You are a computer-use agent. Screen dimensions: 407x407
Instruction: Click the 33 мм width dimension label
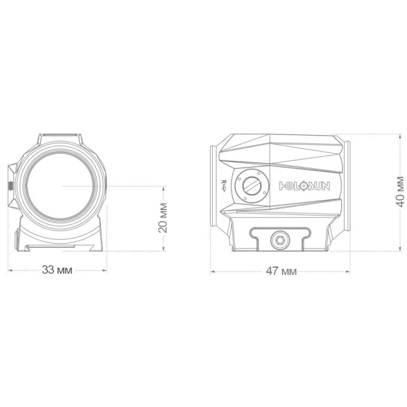pyautogui.click(x=57, y=270)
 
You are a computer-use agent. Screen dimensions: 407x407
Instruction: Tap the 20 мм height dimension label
pyautogui.click(x=163, y=218)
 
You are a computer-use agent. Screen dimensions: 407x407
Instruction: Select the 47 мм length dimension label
pyautogui.click(x=281, y=271)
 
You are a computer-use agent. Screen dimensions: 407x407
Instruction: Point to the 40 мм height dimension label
pyautogui.click(x=399, y=191)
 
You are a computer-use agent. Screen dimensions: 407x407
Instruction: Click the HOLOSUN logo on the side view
pyautogui.click(x=304, y=186)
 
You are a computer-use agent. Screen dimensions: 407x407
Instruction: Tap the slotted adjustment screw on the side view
pyautogui.click(x=252, y=185)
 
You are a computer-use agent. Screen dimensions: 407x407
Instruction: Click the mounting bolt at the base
pyautogui.click(x=280, y=240)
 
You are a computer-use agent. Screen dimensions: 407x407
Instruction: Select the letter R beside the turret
pyautogui.click(x=223, y=182)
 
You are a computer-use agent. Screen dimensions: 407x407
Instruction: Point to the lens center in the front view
pyautogui.click(x=60, y=186)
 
